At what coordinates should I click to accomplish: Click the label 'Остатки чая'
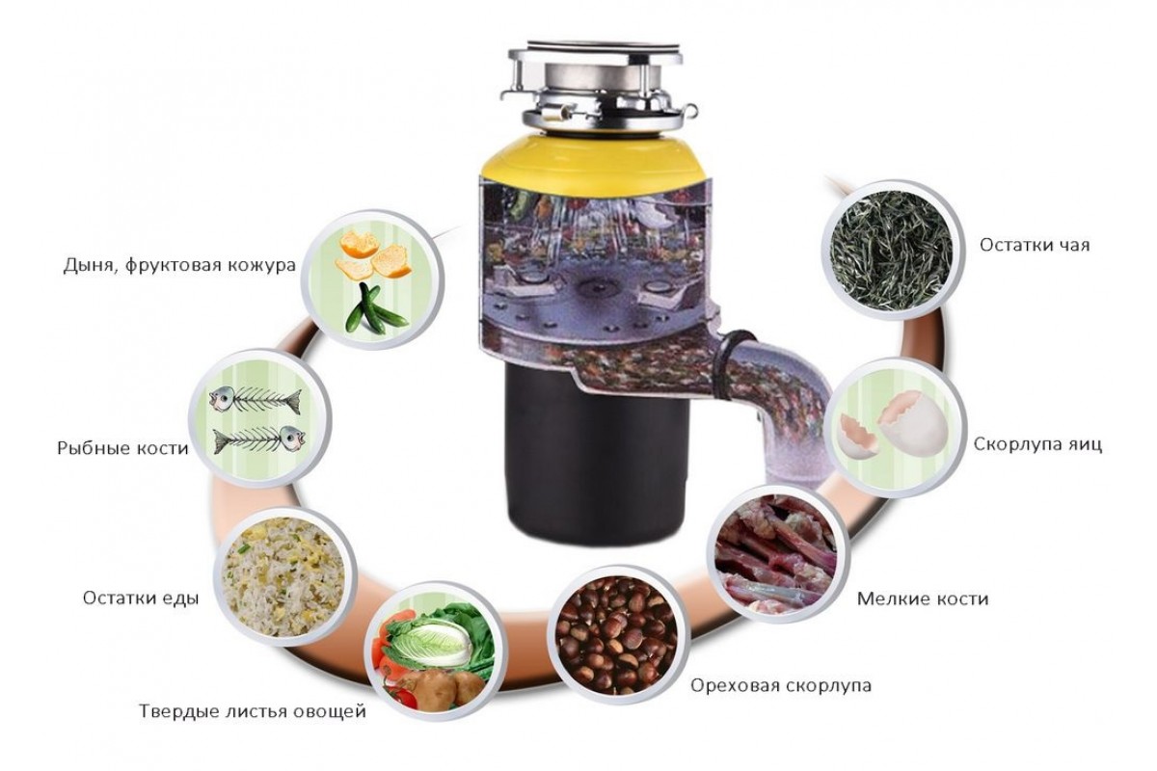click(1035, 245)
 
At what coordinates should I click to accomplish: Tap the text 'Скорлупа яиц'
click(1037, 444)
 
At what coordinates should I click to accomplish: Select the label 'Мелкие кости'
click(923, 599)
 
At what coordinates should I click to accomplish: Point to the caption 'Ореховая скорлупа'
click(781, 686)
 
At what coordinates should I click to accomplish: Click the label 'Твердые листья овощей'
click(253, 711)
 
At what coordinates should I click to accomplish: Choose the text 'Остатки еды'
click(141, 598)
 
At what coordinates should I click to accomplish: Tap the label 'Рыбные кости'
click(123, 447)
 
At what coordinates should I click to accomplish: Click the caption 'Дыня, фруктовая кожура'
click(179, 265)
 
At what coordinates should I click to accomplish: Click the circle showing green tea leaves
click(893, 250)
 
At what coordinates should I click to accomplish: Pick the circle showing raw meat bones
click(777, 553)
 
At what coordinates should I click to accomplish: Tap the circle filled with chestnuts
click(618, 636)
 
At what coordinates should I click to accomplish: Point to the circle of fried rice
click(285, 576)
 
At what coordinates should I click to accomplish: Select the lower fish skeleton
click(258, 439)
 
